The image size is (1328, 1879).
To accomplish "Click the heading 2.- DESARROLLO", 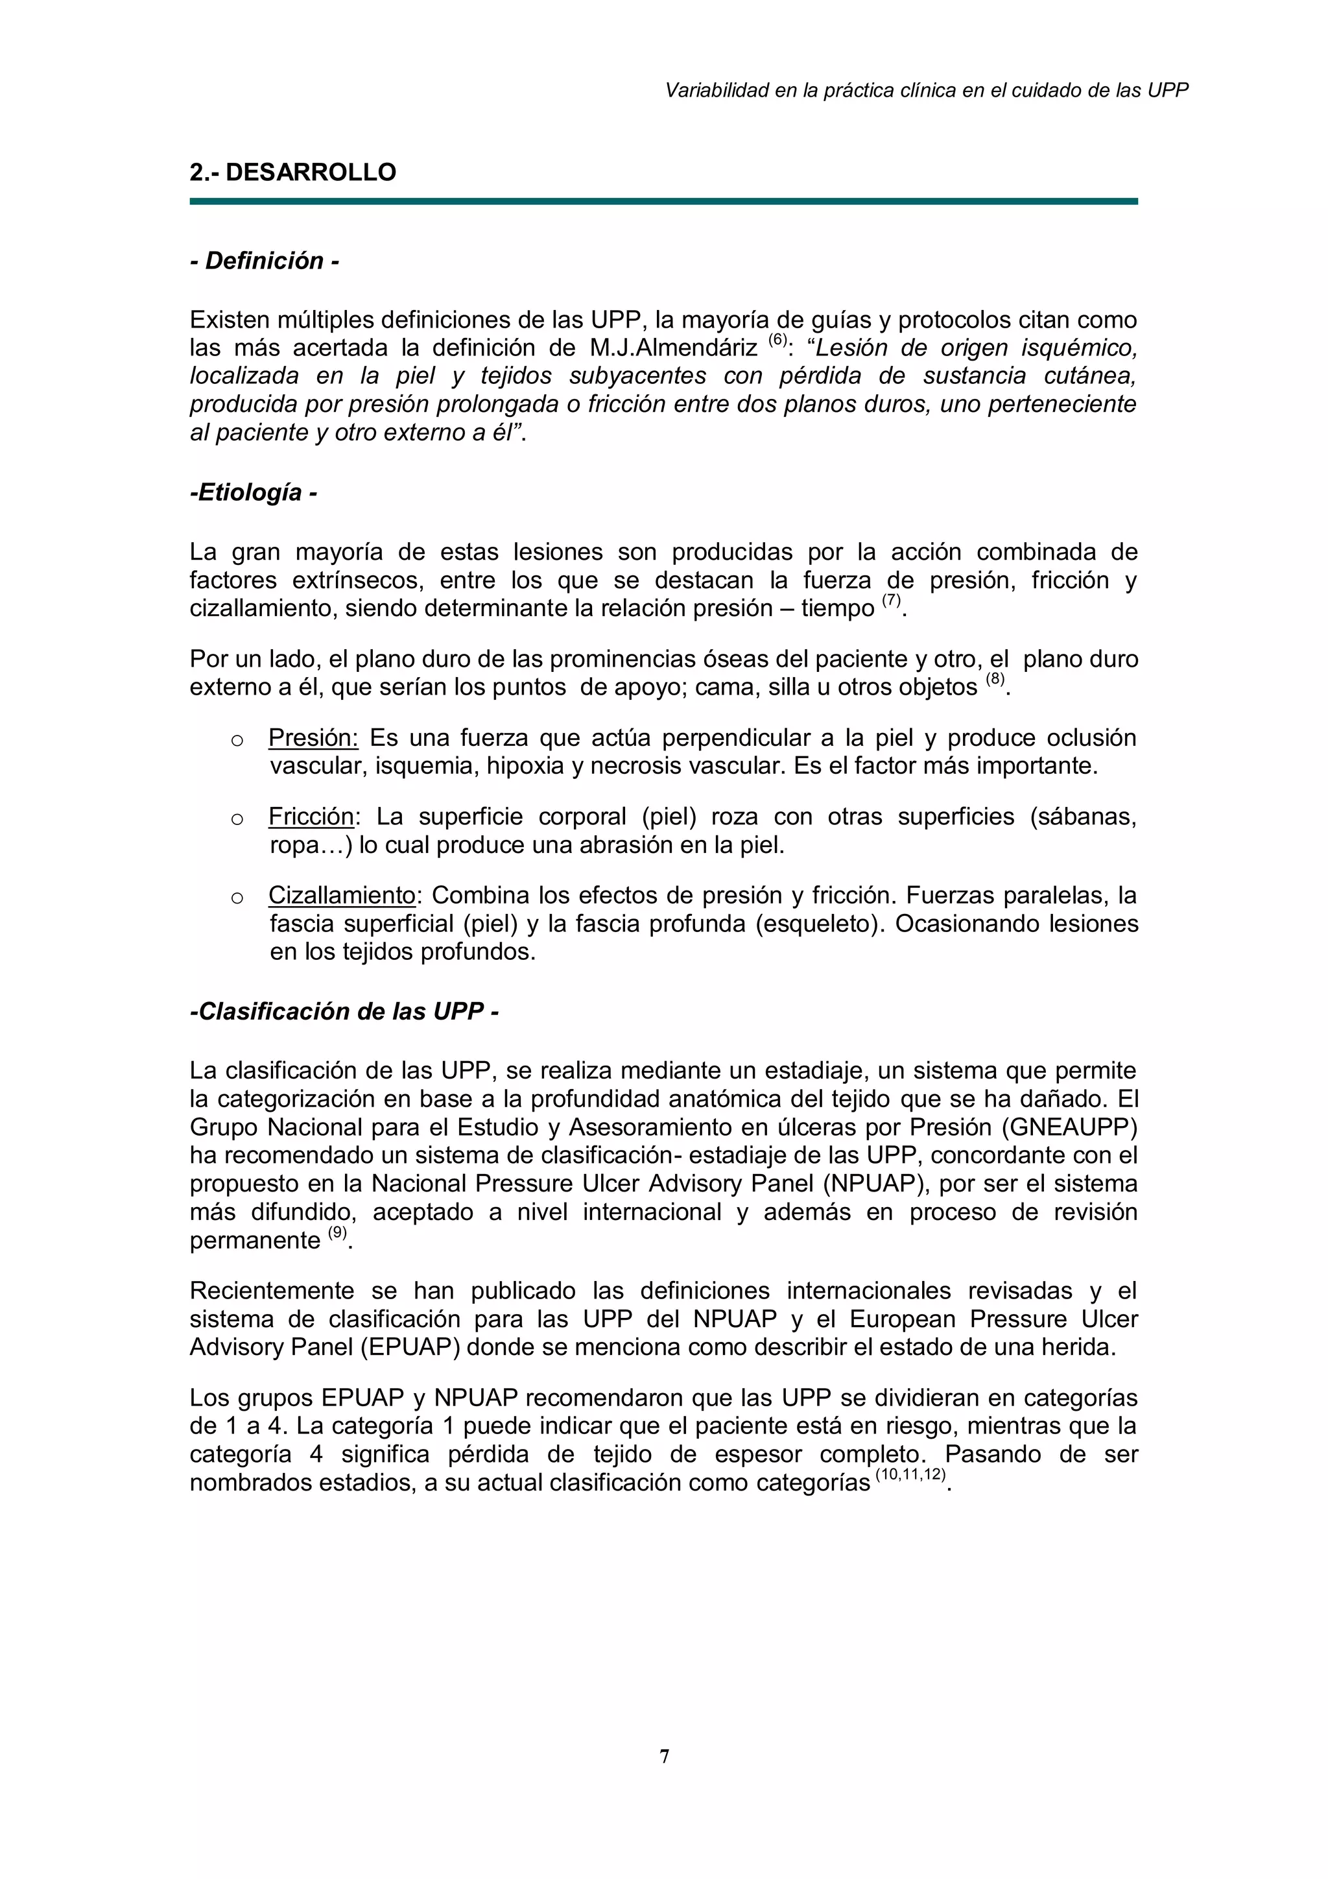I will point(293,173).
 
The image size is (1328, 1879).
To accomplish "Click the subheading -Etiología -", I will point(254,493).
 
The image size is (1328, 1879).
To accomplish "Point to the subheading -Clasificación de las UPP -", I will point(344,1012).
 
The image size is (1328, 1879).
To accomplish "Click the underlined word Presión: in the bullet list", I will point(313,738).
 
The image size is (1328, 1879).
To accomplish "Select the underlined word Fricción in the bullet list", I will point(311,817).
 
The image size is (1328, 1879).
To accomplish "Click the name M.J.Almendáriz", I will point(672,348).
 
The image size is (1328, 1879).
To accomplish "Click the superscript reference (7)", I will point(891,600).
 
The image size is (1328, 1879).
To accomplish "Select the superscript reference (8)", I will point(994,678).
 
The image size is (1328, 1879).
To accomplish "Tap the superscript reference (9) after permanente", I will point(337,1232).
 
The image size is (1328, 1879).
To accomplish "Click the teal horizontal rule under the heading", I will point(663,200).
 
